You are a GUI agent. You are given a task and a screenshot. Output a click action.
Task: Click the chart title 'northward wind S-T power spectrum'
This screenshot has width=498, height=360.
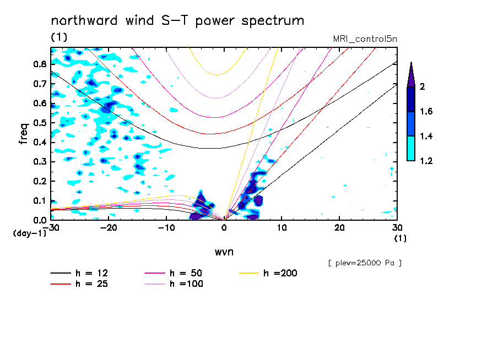pyautogui.click(x=177, y=21)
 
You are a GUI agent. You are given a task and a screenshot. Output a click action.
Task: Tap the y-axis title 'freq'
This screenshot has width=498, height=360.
pyautogui.click(x=24, y=133)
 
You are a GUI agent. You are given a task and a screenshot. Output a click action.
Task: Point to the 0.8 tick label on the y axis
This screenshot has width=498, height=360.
pyautogui.click(x=39, y=64)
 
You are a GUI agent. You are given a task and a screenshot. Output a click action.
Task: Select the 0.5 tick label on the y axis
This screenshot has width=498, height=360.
pyautogui.click(x=39, y=123)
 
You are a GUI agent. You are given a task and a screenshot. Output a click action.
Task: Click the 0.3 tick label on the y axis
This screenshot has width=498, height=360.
pyautogui.click(x=39, y=162)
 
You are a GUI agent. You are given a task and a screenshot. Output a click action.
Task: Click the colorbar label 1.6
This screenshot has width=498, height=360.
pyautogui.click(x=427, y=112)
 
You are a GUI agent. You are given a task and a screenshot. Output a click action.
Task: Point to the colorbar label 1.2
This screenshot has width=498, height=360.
pyautogui.click(x=427, y=161)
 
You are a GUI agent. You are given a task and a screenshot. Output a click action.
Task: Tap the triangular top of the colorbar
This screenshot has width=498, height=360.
pyautogui.click(x=411, y=74)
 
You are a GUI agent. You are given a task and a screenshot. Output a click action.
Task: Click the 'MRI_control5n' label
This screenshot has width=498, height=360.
pyautogui.click(x=365, y=39)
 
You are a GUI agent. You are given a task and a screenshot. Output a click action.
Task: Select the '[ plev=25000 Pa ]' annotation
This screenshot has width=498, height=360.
pyautogui.click(x=365, y=263)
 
